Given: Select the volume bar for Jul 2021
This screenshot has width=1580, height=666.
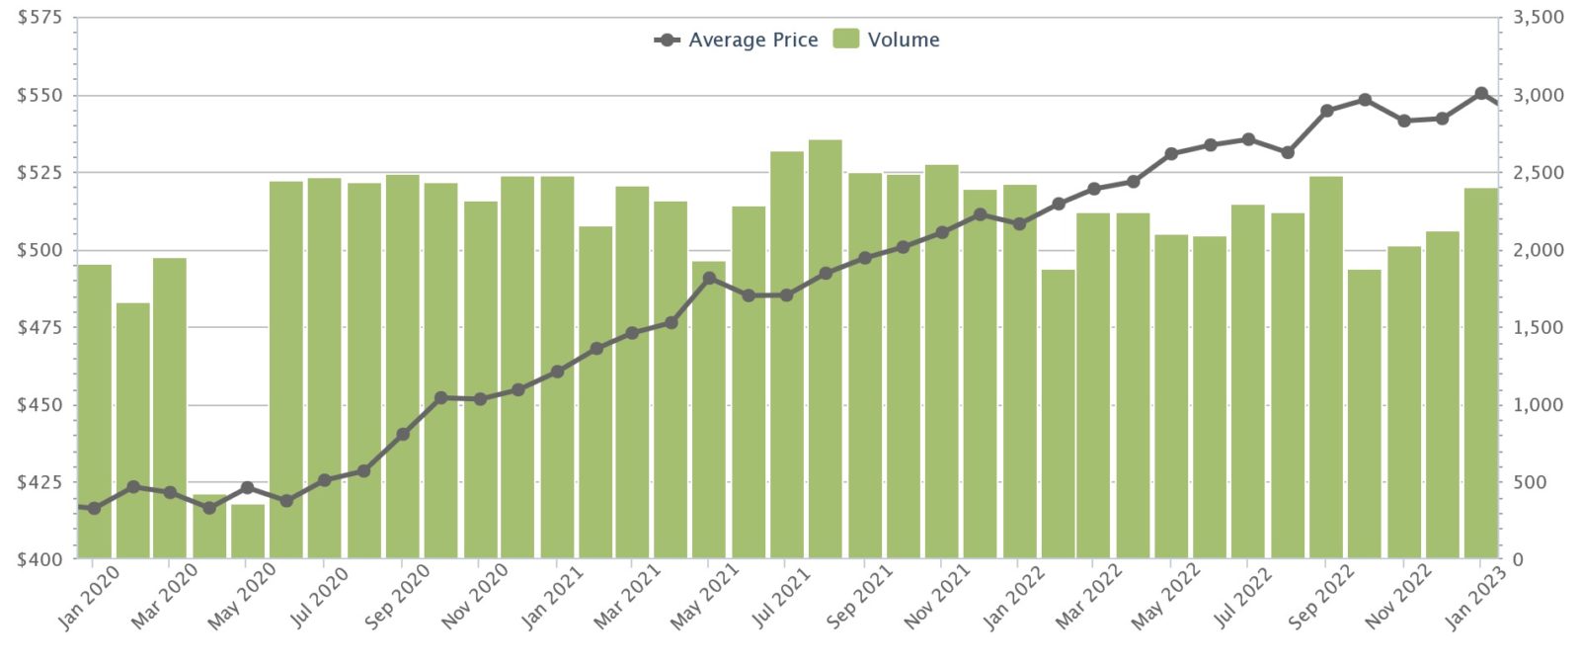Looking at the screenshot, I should tap(787, 355).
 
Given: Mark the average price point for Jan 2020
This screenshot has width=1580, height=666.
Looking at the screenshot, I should tap(95, 508).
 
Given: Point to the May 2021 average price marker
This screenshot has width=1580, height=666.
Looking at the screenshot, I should tap(709, 279).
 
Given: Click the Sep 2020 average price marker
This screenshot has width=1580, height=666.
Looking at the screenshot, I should tap(403, 435).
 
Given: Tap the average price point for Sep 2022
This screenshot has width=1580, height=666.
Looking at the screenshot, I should tap(1327, 111).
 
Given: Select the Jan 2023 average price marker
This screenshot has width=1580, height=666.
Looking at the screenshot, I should tap(1481, 94).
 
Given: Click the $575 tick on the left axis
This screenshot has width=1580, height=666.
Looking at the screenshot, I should tap(39, 18).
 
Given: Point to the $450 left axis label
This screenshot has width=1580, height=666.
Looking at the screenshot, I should tap(39, 405).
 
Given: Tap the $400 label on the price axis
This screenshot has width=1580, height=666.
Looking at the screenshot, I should tap(39, 559).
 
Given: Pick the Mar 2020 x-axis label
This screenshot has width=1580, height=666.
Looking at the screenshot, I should tap(164, 597).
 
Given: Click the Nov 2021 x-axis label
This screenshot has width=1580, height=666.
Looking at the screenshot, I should tap(936, 597).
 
